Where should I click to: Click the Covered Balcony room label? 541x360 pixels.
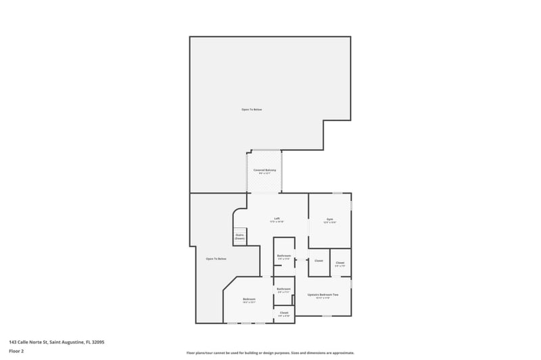tap(264, 170)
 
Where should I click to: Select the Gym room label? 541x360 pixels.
tap(330, 219)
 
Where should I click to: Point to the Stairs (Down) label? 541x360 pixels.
tap(239, 236)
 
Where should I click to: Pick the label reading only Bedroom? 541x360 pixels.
tap(249, 299)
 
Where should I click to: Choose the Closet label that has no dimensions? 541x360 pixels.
tap(319, 261)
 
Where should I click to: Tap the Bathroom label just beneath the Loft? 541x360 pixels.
tap(284, 256)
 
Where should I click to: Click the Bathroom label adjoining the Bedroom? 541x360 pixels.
tap(284, 289)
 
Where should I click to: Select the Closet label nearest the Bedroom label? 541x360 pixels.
tap(284, 313)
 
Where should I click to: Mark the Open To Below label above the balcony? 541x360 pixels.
tap(252, 110)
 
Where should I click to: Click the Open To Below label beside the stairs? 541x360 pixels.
tap(216, 259)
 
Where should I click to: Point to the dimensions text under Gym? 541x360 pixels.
tap(330, 222)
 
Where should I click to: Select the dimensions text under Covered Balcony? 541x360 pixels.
tap(264, 174)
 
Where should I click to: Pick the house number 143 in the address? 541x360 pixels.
tap(13, 342)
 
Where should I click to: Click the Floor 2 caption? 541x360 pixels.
tap(16, 352)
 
